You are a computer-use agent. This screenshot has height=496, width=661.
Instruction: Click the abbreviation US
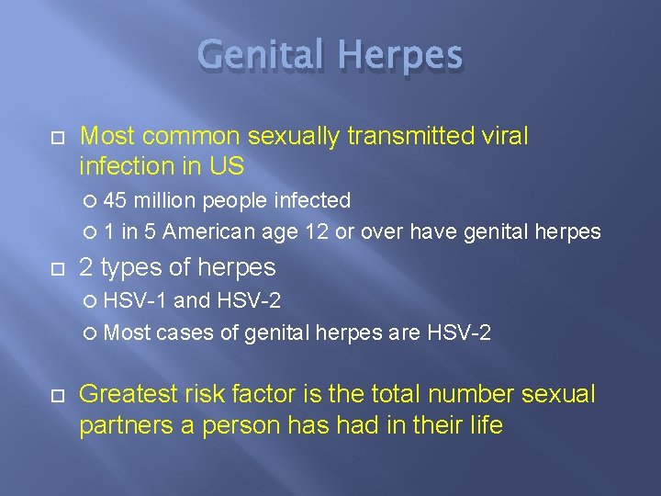click(x=229, y=165)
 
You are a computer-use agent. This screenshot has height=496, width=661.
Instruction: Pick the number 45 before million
click(x=116, y=200)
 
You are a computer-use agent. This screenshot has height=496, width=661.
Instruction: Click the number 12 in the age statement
click(x=317, y=232)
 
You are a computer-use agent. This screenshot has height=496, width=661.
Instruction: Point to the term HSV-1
click(x=136, y=300)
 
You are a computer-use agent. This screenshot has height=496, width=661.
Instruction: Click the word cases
click(x=184, y=333)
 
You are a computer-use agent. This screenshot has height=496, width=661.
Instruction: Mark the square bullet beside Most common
click(x=56, y=138)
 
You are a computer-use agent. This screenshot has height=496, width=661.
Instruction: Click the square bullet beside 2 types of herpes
click(x=56, y=268)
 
